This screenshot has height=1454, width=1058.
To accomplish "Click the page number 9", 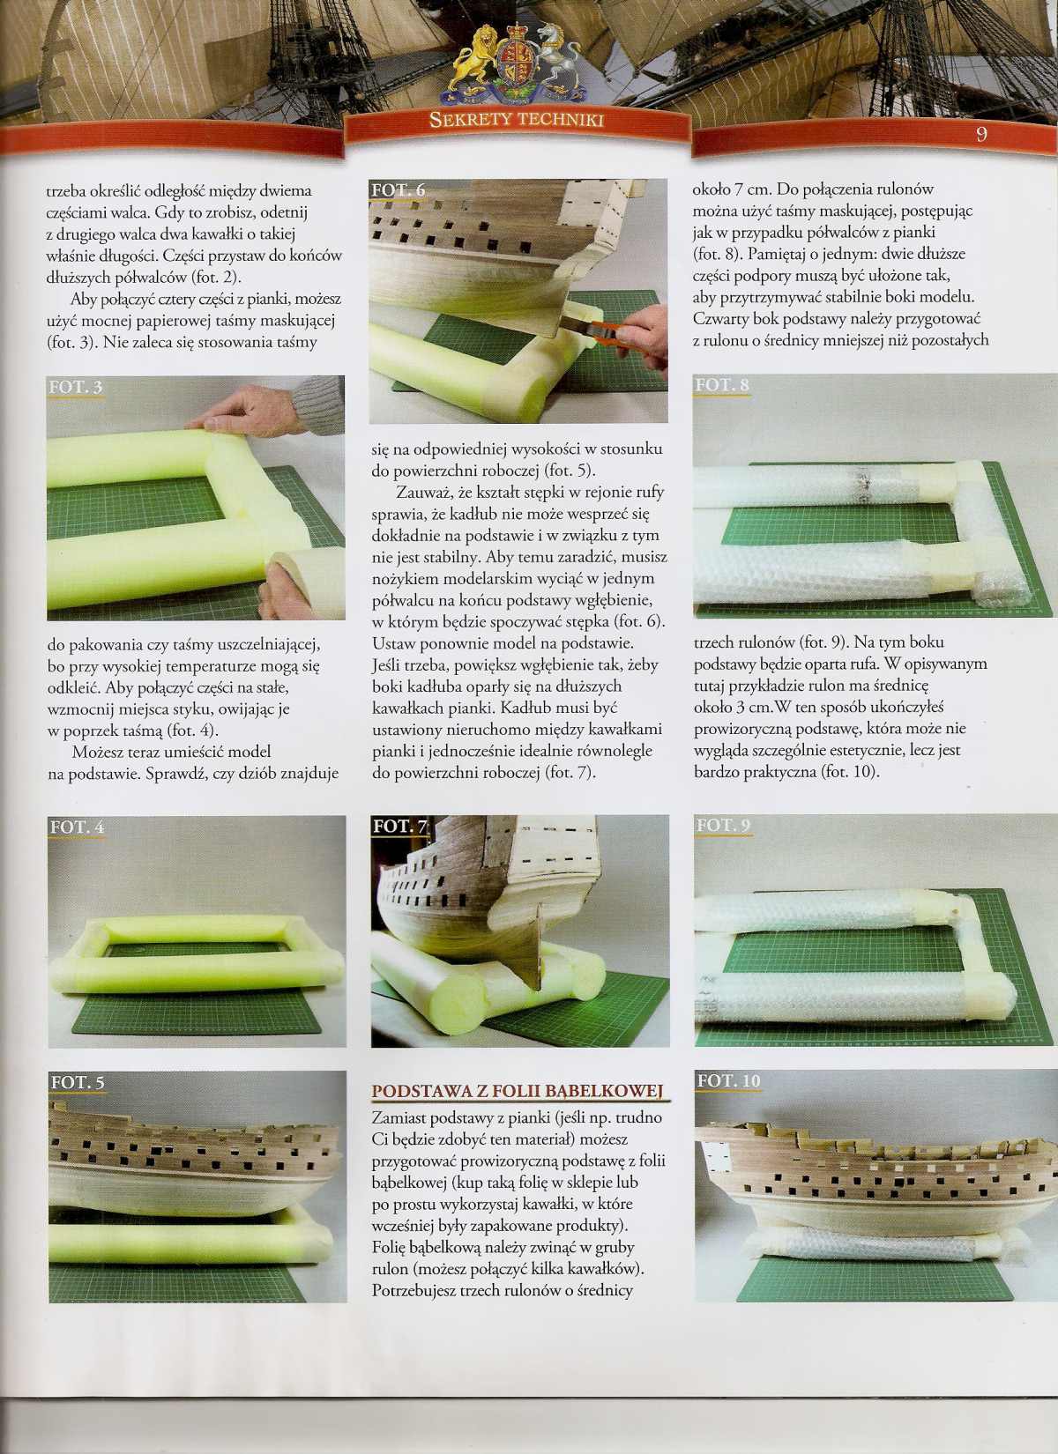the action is coord(981,134).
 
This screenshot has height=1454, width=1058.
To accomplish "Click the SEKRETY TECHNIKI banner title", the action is coord(517,120).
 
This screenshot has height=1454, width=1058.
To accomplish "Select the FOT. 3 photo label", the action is coord(75,388).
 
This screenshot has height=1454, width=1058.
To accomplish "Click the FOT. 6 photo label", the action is coord(399,189).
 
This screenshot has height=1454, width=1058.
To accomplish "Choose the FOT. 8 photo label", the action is coord(723,385).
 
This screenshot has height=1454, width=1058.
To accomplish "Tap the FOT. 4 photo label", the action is coord(78,827).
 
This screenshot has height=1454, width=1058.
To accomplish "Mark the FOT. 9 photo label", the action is coord(724,825).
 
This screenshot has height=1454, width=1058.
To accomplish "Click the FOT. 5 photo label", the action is coord(78,1083).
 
